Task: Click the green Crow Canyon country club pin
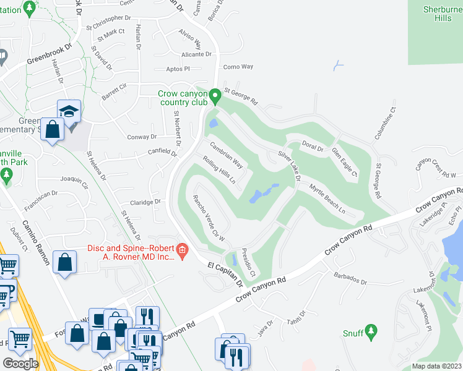215,96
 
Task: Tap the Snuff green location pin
371,332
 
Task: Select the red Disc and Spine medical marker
182,252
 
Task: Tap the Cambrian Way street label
225,155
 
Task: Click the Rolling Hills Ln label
219,170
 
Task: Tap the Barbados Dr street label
350,279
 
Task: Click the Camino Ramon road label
36,242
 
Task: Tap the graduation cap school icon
69,110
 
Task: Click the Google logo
20,363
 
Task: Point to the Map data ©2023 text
436,366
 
